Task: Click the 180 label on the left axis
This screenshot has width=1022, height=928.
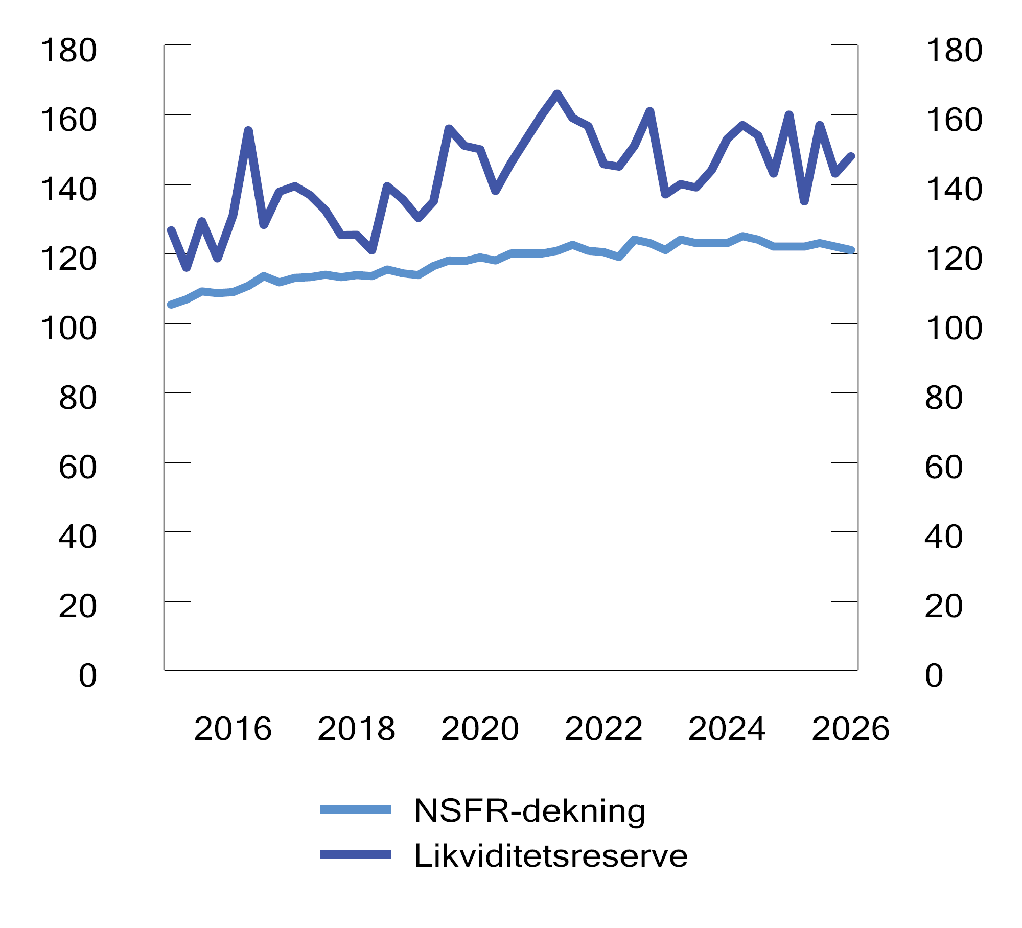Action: point(68,51)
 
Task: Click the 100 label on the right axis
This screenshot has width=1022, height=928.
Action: point(954,329)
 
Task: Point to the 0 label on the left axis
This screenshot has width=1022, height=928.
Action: point(87,676)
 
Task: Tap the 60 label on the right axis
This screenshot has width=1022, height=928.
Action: point(943,468)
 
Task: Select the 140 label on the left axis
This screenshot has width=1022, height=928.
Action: point(68,190)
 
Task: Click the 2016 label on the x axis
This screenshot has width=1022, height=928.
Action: point(233,729)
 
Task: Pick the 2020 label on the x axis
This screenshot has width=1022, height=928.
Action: point(480,729)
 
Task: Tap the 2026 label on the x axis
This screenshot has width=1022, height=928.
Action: point(850,729)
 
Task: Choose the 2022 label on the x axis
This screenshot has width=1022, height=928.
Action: point(603,729)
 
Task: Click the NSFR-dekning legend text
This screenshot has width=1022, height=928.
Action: point(529,811)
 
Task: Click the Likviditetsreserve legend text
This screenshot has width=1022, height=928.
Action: point(550,856)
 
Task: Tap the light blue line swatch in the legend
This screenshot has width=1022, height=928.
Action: point(355,810)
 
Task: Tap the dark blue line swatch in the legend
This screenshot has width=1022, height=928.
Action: point(355,855)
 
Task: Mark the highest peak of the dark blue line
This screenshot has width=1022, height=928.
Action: point(557,94)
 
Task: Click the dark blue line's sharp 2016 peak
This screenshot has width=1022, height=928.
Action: point(248,131)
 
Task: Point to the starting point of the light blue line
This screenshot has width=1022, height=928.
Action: point(171,305)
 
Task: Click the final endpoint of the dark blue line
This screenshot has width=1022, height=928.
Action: point(851,157)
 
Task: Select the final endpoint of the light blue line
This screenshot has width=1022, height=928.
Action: point(852,250)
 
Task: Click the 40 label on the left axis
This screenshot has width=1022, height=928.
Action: point(78,537)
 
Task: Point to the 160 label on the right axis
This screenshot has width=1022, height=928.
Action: point(954,120)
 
